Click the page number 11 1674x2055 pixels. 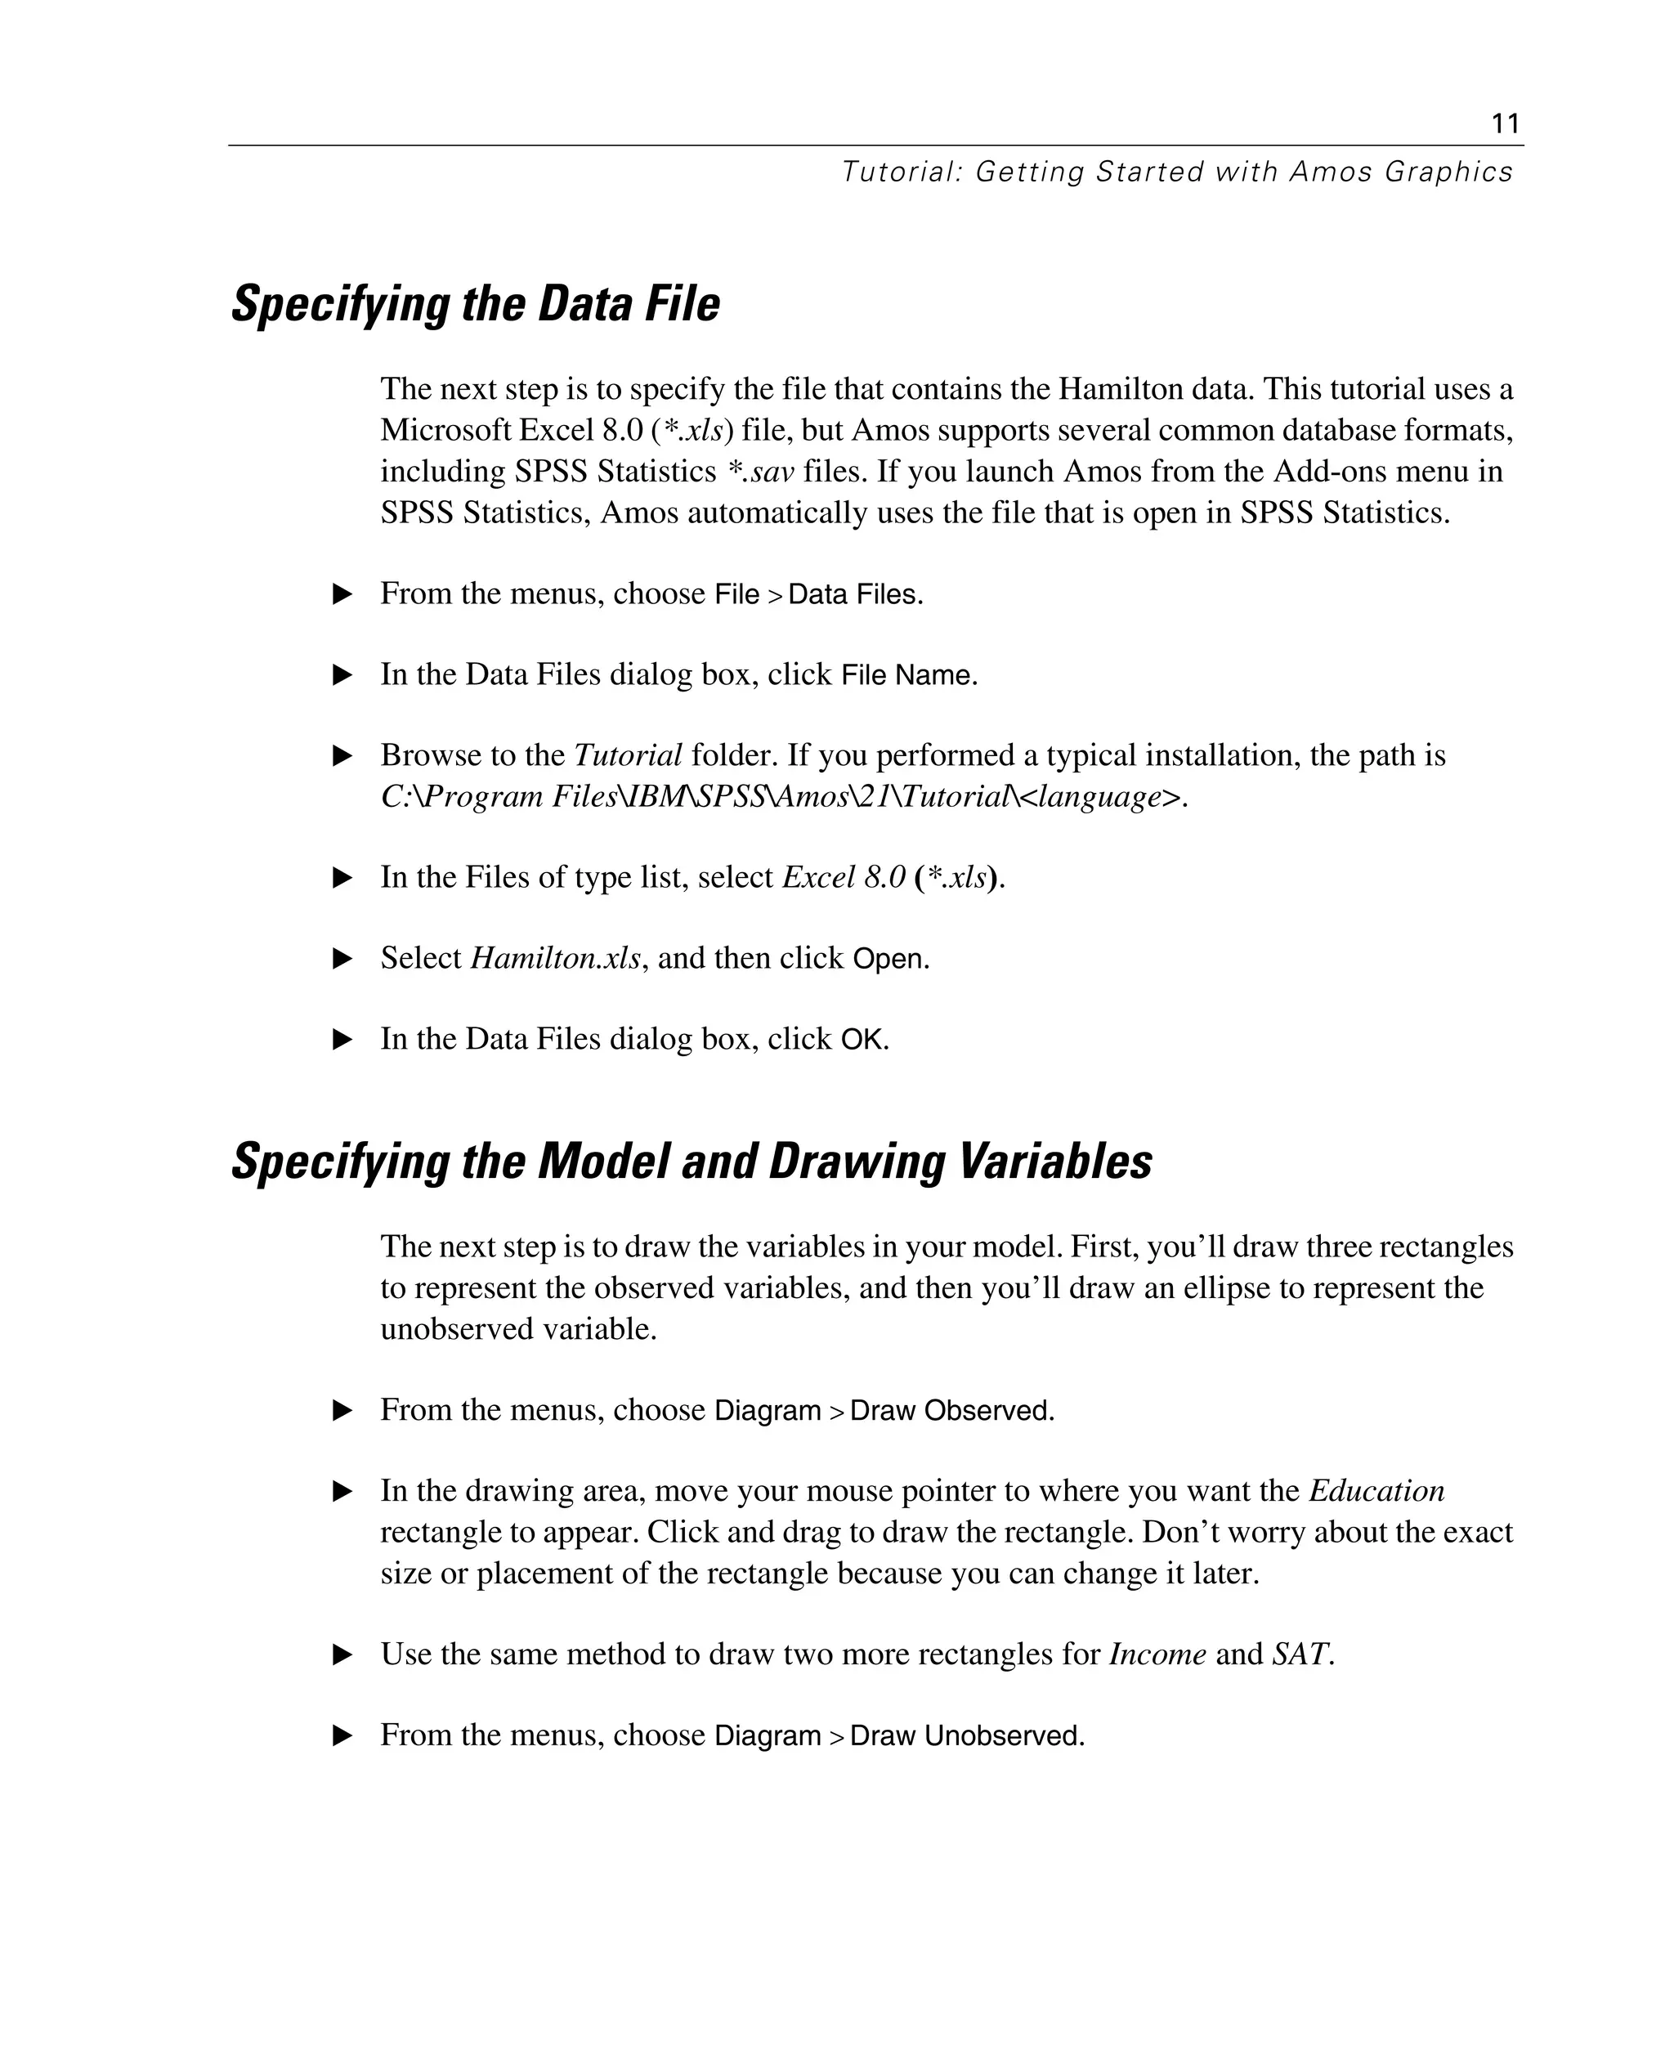1504,123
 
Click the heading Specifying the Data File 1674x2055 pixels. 476,304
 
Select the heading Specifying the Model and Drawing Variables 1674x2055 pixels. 692,1161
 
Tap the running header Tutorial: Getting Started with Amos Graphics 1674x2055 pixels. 1176,172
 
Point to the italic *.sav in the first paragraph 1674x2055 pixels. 761,472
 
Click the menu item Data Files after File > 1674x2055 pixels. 853,594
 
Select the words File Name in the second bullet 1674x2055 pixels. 906,675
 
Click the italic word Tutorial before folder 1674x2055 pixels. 628,755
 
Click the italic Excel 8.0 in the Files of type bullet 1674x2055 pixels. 844,878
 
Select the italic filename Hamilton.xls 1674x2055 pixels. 556,959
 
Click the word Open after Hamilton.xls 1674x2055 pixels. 889,959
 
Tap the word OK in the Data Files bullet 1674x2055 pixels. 862,1040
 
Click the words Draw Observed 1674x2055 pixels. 950,1411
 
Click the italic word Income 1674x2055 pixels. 1157,1654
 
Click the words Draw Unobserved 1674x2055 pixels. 965,1736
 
